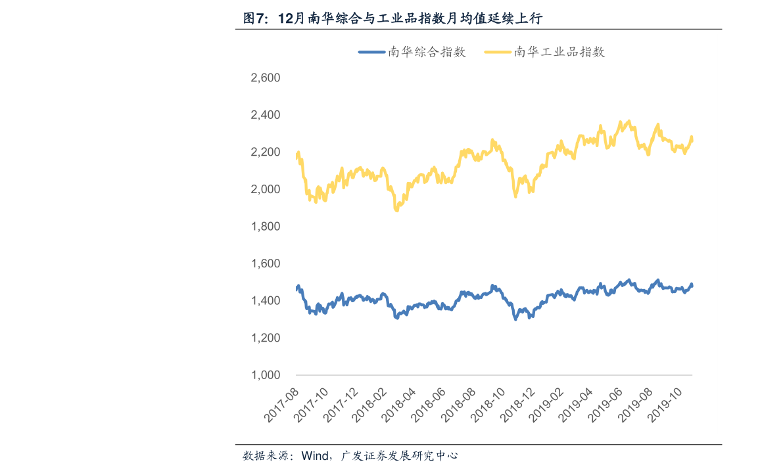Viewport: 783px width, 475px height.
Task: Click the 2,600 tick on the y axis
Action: pos(266,78)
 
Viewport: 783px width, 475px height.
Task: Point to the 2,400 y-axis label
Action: pos(266,115)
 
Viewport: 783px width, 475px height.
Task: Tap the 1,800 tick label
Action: pos(266,227)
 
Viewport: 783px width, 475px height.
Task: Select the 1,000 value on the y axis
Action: pos(266,375)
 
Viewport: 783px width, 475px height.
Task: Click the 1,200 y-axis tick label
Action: pos(266,338)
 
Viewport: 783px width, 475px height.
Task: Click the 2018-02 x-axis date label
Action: pos(370,405)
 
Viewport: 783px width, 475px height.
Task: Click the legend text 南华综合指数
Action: pos(427,52)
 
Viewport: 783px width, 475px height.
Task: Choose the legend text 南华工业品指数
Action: pos(559,52)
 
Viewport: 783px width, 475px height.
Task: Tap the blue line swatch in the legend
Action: pos(371,52)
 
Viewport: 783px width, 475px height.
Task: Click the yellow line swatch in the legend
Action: pos(498,52)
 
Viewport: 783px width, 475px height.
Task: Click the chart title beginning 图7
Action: pos(392,18)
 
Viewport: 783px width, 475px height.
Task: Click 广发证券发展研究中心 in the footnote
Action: pos(398,455)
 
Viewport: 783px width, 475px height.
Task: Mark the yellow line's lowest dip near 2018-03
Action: pos(396,210)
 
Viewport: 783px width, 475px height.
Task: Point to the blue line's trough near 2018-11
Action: pos(515,319)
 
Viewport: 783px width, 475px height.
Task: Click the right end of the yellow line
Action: pos(692,139)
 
